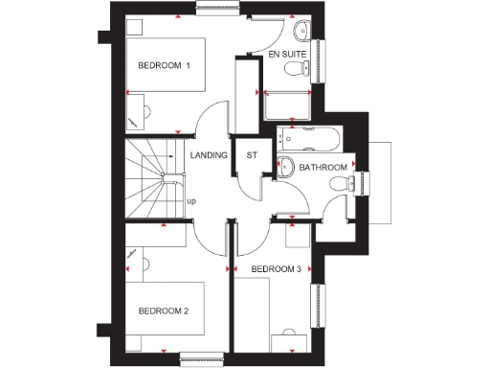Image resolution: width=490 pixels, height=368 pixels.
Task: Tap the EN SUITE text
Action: point(288,56)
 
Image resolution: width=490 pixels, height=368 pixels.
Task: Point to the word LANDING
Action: point(210,154)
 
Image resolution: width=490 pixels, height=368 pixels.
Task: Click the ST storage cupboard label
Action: point(253,154)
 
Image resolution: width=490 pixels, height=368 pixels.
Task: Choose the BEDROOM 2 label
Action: point(165,310)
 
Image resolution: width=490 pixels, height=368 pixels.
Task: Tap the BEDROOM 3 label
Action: point(277,269)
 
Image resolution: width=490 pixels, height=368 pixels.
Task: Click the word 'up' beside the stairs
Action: point(191,201)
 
